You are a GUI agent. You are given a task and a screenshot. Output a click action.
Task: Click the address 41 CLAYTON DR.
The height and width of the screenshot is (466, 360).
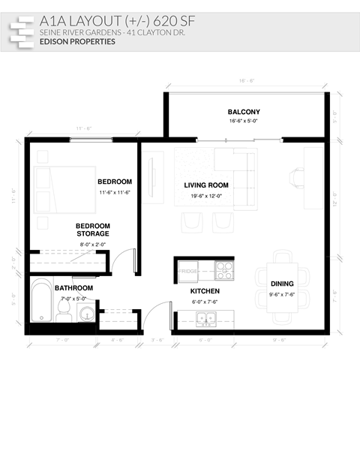coord(154,33)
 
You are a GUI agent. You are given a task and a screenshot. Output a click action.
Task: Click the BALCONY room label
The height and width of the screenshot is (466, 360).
coord(244,111)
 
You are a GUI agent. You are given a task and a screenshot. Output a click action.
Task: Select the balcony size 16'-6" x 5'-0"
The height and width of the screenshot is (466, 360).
coord(244,120)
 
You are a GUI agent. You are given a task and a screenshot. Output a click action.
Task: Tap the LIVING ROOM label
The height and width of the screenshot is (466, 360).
coord(206,185)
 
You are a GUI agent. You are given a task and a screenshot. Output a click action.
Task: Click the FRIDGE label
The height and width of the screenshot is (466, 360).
coord(187,271)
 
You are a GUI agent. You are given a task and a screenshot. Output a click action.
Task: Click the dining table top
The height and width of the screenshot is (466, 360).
coord(283,287)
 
